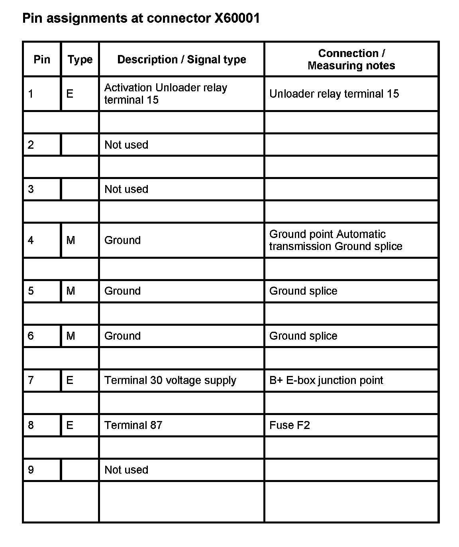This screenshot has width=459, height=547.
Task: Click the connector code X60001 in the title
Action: click(237, 18)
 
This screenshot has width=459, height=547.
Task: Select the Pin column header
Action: click(42, 59)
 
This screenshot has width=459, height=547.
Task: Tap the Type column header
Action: click(80, 59)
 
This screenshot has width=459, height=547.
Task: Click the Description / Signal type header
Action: click(182, 59)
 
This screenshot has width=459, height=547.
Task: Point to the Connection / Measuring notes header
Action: click(351, 59)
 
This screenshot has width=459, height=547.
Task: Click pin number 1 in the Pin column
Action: click(31, 94)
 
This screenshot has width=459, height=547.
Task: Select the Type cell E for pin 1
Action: click(70, 94)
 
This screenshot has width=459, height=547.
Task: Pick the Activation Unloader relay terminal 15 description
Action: click(166, 94)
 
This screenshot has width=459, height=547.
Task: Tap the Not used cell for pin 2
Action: click(126, 145)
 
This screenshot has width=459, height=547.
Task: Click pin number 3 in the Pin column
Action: click(31, 189)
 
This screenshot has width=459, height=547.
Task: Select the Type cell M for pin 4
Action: click(71, 240)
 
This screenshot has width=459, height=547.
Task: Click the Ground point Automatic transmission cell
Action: click(335, 240)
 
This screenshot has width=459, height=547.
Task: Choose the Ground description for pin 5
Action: click(122, 291)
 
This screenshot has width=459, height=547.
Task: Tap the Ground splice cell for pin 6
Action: click(303, 336)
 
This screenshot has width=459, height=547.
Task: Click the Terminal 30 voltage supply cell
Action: click(170, 380)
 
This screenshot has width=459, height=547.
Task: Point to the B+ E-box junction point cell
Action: click(326, 380)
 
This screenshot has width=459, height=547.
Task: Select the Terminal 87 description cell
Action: click(133, 425)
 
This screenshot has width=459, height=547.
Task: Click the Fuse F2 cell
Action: click(289, 425)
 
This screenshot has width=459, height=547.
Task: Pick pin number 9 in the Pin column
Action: click(31, 470)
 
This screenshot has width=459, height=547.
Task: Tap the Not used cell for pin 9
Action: click(126, 470)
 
